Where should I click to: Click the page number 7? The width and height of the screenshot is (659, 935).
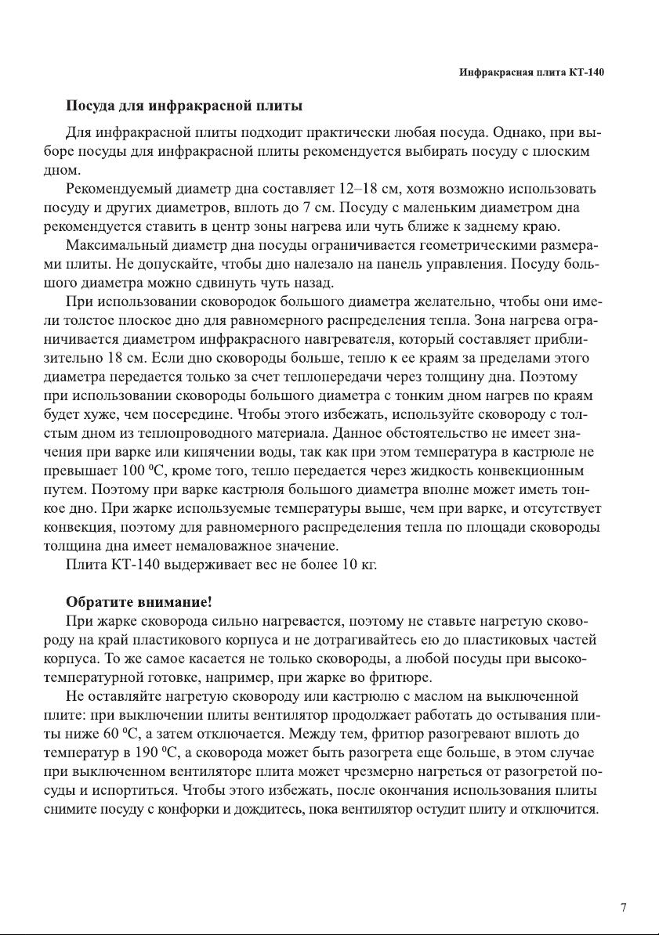click(x=623, y=908)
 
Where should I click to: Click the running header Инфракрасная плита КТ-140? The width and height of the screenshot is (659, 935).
click(x=531, y=73)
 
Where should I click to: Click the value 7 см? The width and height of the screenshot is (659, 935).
click(x=318, y=208)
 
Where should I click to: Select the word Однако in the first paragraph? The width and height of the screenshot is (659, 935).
click(x=498, y=133)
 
